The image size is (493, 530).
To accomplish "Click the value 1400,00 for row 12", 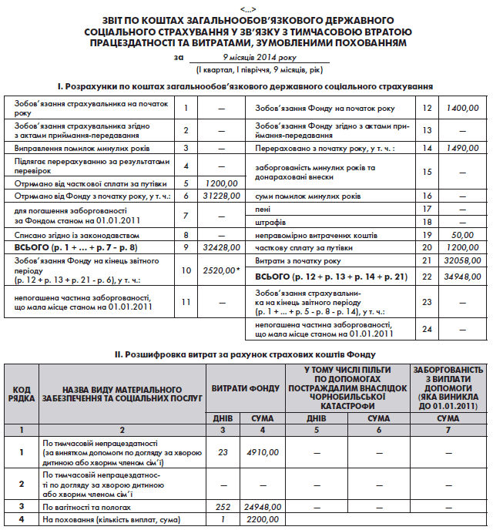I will click(462, 109).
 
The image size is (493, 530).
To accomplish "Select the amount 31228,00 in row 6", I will click(220, 196).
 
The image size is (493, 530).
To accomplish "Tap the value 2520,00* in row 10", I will click(220, 271).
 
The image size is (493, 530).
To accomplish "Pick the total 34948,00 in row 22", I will click(462, 275).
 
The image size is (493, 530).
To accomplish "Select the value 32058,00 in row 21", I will click(462, 261).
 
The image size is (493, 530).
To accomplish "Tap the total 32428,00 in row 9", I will click(220, 247).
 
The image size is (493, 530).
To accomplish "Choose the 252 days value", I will click(223, 508).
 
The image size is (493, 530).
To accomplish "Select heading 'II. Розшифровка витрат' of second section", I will click(245, 354).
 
